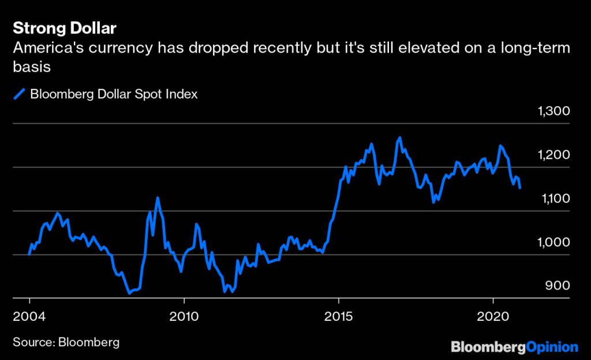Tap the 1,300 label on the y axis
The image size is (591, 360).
tap(553, 111)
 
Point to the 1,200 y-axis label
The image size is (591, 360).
tap(553, 155)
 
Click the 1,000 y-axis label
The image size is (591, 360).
tap(553, 242)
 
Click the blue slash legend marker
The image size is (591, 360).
tap(20, 94)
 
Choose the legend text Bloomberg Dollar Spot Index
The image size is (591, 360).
tap(114, 94)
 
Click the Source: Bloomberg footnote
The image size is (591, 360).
tap(66, 342)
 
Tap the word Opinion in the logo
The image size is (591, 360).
tap(552, 347)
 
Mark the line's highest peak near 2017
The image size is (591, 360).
tap(399, 138)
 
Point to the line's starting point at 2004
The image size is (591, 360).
tap(29, 254)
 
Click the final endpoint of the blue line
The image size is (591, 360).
tap(520, 187)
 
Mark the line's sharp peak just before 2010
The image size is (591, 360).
tap(158, 198)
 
